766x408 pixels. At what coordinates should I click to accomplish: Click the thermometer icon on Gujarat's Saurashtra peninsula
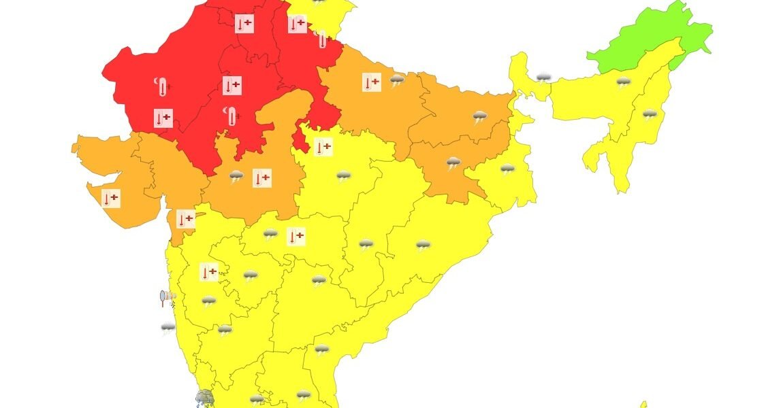point(110,199)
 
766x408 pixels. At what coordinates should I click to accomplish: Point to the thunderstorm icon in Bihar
point(481,117)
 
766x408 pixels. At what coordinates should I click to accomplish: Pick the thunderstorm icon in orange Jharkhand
point(453,163)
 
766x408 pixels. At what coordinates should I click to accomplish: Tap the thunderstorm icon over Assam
point(623,83)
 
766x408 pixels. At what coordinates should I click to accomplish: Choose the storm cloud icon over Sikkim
point(543,78)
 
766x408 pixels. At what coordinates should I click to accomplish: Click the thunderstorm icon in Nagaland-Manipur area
point(650,114)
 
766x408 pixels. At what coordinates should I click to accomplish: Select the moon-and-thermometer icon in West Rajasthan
point(161,86)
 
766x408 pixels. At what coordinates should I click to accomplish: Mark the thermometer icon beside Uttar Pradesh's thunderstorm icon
point(372,82)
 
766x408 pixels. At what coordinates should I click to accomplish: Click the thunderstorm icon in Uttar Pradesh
point(397,81)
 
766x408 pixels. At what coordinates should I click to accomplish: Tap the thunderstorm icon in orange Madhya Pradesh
point(236,177)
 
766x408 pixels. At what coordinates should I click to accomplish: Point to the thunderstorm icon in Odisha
point(424,245)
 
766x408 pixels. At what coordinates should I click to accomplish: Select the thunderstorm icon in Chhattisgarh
point(366,244)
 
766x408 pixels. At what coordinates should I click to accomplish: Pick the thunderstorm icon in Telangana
point(319,280)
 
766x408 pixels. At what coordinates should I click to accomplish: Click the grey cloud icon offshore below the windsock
point(168,328)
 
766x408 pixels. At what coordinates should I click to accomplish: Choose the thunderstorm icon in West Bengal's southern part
point(507,169)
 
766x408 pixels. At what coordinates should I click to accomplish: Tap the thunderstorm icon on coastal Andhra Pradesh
point(321,350)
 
